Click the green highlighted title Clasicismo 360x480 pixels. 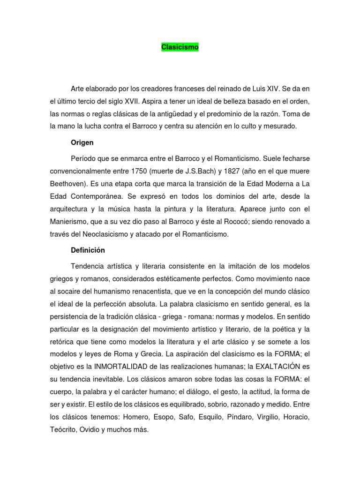[180, 47]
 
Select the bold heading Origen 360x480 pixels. [82, 142]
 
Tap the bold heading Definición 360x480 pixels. [88, 250]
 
